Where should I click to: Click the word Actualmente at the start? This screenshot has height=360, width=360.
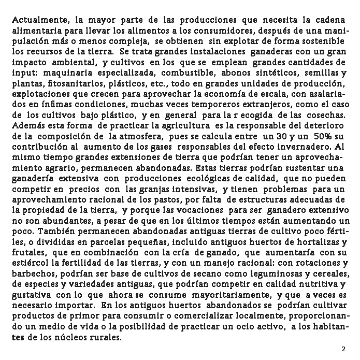coord(37,21)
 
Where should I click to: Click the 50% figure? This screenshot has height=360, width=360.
coord(322,137)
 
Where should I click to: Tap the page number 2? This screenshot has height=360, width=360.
coord(343,349)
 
